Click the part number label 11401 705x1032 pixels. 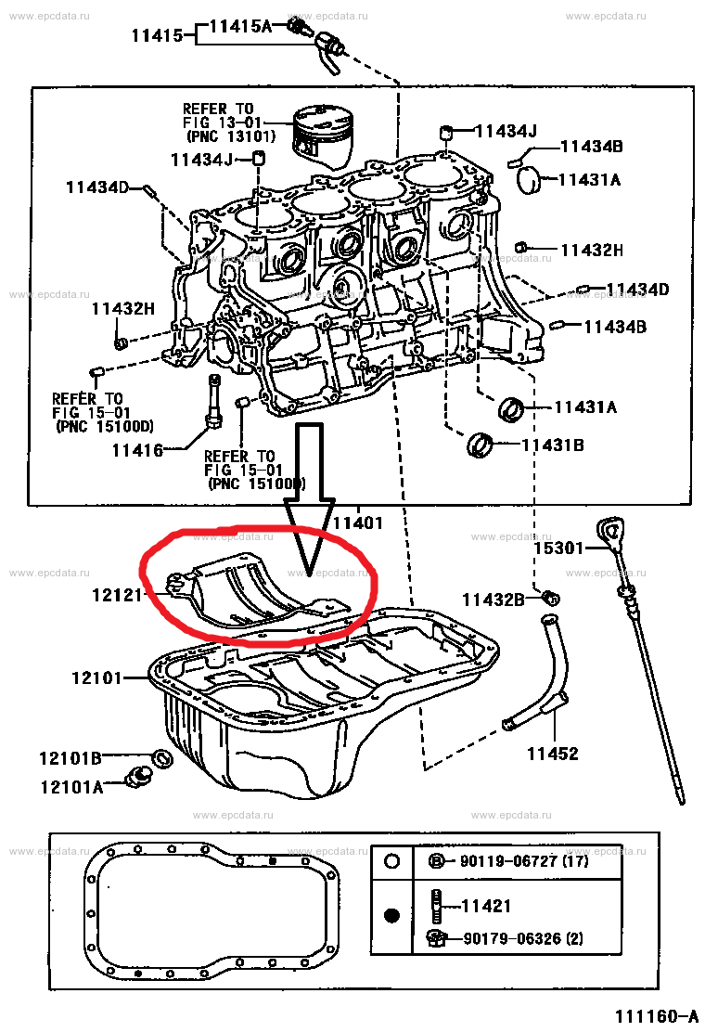click(x=358, y=522)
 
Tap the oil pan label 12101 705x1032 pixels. click(x=96, y=678)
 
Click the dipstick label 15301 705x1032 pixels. click(x=558, y=548)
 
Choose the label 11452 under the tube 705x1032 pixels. click(x=552, y=754)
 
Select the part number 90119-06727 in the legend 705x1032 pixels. click(x=509, y=860)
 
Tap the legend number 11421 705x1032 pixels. click(x=485, y=906)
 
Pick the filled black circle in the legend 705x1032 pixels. click(x=391, y=916)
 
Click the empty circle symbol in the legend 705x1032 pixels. click(x=391, y=861)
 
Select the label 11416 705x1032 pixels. click(x=136, y=450)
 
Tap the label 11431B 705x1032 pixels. click(x=552, y=445)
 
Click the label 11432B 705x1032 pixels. click(x=493, y=599)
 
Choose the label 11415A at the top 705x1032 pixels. click(x=239, y=27)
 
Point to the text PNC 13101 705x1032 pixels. click(x=229, y=136)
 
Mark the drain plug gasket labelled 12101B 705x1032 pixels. click(x=160, y=758)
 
